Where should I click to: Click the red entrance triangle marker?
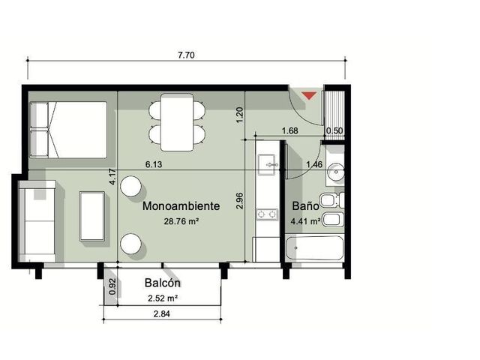(310, 95)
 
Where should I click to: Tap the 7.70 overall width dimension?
(186, 55)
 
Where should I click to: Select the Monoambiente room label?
(181, 205)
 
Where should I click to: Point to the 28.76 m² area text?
(181, 221)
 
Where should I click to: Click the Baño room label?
(305, 205)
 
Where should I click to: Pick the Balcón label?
(163, 283)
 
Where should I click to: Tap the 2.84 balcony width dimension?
(162, 313)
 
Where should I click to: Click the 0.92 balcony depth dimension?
(112, 286)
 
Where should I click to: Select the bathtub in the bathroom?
(314, 248)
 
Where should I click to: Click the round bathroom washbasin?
(336, 172)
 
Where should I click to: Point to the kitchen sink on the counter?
(267, 165)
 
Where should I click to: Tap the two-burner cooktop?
(267, 214)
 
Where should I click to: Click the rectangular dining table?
(177, 122)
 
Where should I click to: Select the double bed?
(68, 130)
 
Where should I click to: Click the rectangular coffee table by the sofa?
(91, 216)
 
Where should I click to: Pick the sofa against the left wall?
(37, 221)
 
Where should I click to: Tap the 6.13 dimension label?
(154, 165)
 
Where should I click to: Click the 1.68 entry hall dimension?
(289, 130)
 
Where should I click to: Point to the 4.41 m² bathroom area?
(306, 221)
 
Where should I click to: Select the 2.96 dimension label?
(240, 200)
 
